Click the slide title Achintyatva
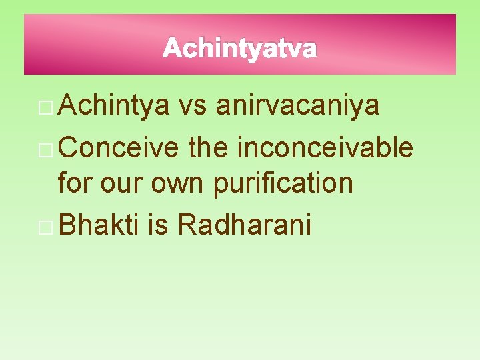[x=239, y=49]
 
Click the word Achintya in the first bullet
[x=113, y=105]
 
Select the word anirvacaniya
[x=298, y=105]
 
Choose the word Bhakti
[x=99, y=226]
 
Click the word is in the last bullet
[x=158, y=226]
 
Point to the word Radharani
[x=245, y=226]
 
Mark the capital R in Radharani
[x=186, y=226]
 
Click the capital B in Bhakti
[x=67, y=226]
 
